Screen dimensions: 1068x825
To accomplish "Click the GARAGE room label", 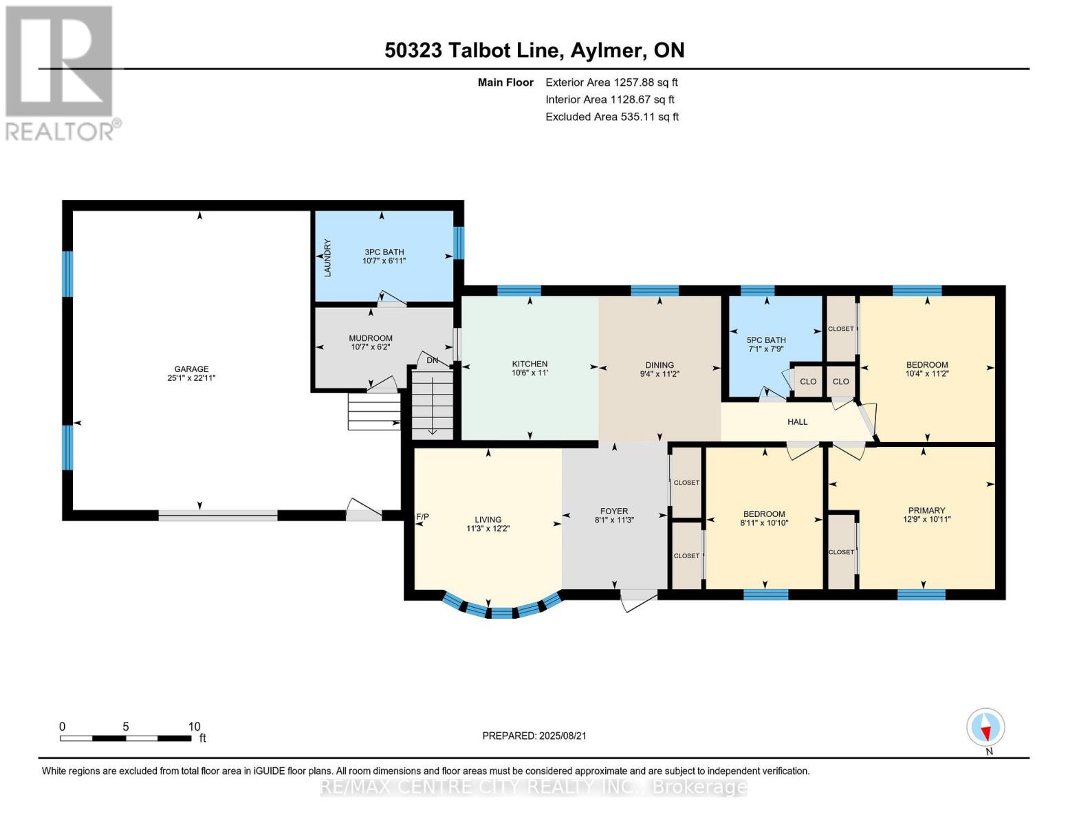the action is [x=191, y=368].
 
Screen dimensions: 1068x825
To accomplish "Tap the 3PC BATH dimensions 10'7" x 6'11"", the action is [x=384, y=261].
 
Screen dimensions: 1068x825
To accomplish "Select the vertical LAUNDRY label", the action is [x=328, y=258].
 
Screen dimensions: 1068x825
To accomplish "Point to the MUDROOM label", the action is [x=371, y=338].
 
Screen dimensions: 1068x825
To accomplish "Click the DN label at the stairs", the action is [x=432, y=360].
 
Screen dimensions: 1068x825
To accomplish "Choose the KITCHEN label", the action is [x=530, y=364].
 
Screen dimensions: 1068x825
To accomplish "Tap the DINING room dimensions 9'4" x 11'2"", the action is [x=659, y=374].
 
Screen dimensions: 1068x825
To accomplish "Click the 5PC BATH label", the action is [x=765, y=340].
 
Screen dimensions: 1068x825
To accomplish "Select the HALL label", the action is [x=797, y=421].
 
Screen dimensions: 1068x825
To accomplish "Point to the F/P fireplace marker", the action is [x=422, y=516].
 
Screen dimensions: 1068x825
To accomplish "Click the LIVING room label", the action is [x=488, y=519].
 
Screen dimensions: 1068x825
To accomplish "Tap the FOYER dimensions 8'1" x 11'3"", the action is [x=614, y=520].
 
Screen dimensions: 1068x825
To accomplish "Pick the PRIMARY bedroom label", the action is [x=926, y=510].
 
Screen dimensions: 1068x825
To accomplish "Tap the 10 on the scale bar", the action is [x=194, y=726].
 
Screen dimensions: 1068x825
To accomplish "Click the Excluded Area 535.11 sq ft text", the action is [x=612, y=117].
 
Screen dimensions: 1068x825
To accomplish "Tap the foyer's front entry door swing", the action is [x=638, y=601].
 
